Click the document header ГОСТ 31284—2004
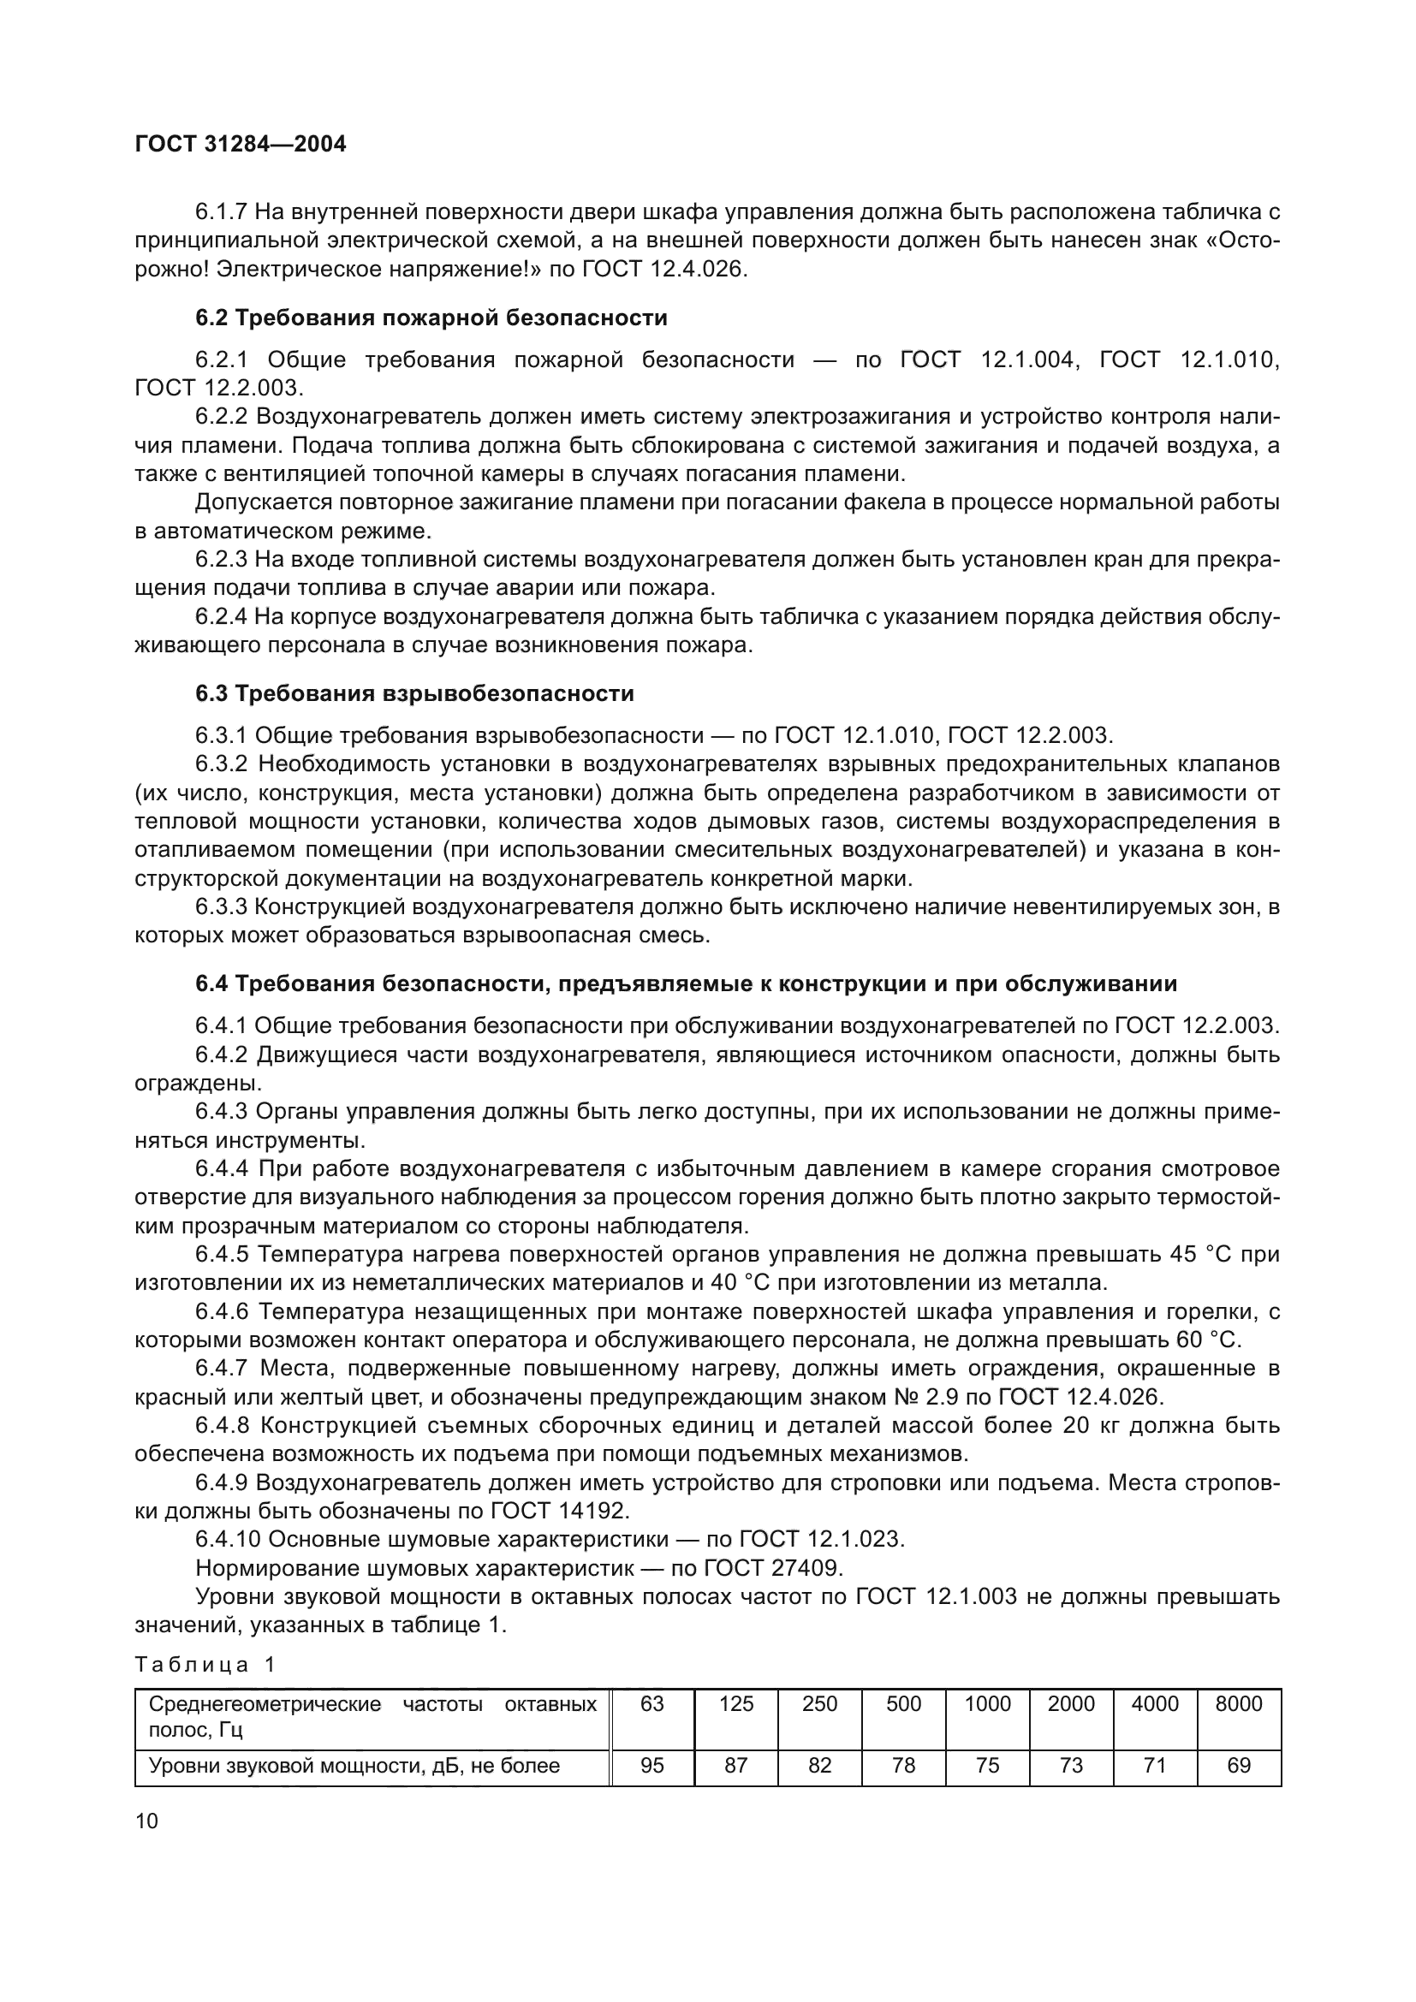click(241, 144)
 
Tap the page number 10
click(147, 1821)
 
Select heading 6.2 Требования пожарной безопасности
click(431, 318)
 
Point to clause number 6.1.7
click(223, 212)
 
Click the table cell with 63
click(652, 1704)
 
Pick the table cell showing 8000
click(1238, 1704)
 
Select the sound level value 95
click(652, 1766)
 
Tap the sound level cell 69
click(1238, 1766)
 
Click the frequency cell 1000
click(987, 1704)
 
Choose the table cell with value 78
click(903, 1766)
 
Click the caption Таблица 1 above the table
click(205, 1665)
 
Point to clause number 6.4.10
click(229, 1539)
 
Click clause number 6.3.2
click(223, 764)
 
